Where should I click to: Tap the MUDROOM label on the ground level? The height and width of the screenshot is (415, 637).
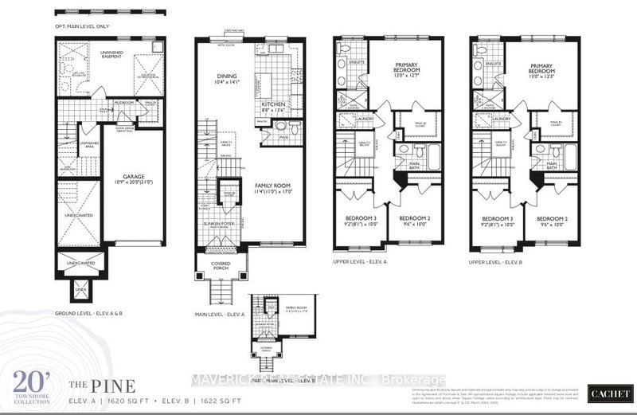coord(123,103)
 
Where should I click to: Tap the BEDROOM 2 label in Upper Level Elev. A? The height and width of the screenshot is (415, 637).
coord(414,221)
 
